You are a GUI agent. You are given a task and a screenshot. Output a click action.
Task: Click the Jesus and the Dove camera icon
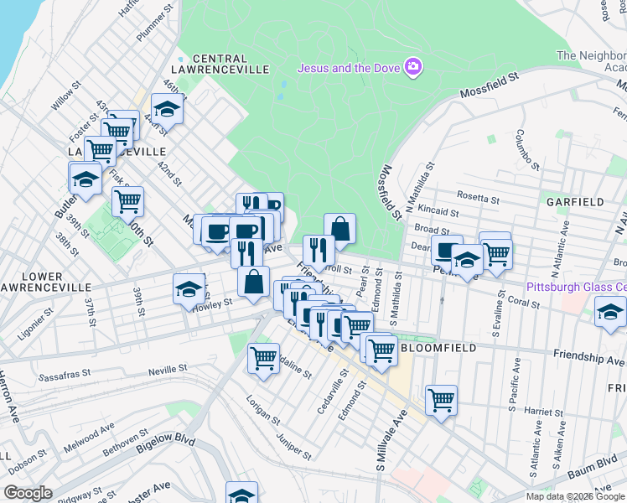coord(412,67)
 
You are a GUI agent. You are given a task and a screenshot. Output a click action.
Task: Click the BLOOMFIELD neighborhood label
coord(438,347)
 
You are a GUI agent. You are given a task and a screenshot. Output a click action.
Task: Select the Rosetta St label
coord(479,200)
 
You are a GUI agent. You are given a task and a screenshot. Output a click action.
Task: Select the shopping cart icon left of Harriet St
coord(441,399)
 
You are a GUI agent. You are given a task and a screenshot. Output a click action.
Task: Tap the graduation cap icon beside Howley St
coord(189,288)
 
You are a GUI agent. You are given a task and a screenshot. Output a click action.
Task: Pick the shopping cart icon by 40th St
coord(127,200)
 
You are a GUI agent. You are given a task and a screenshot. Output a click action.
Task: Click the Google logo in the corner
coord(29,493)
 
